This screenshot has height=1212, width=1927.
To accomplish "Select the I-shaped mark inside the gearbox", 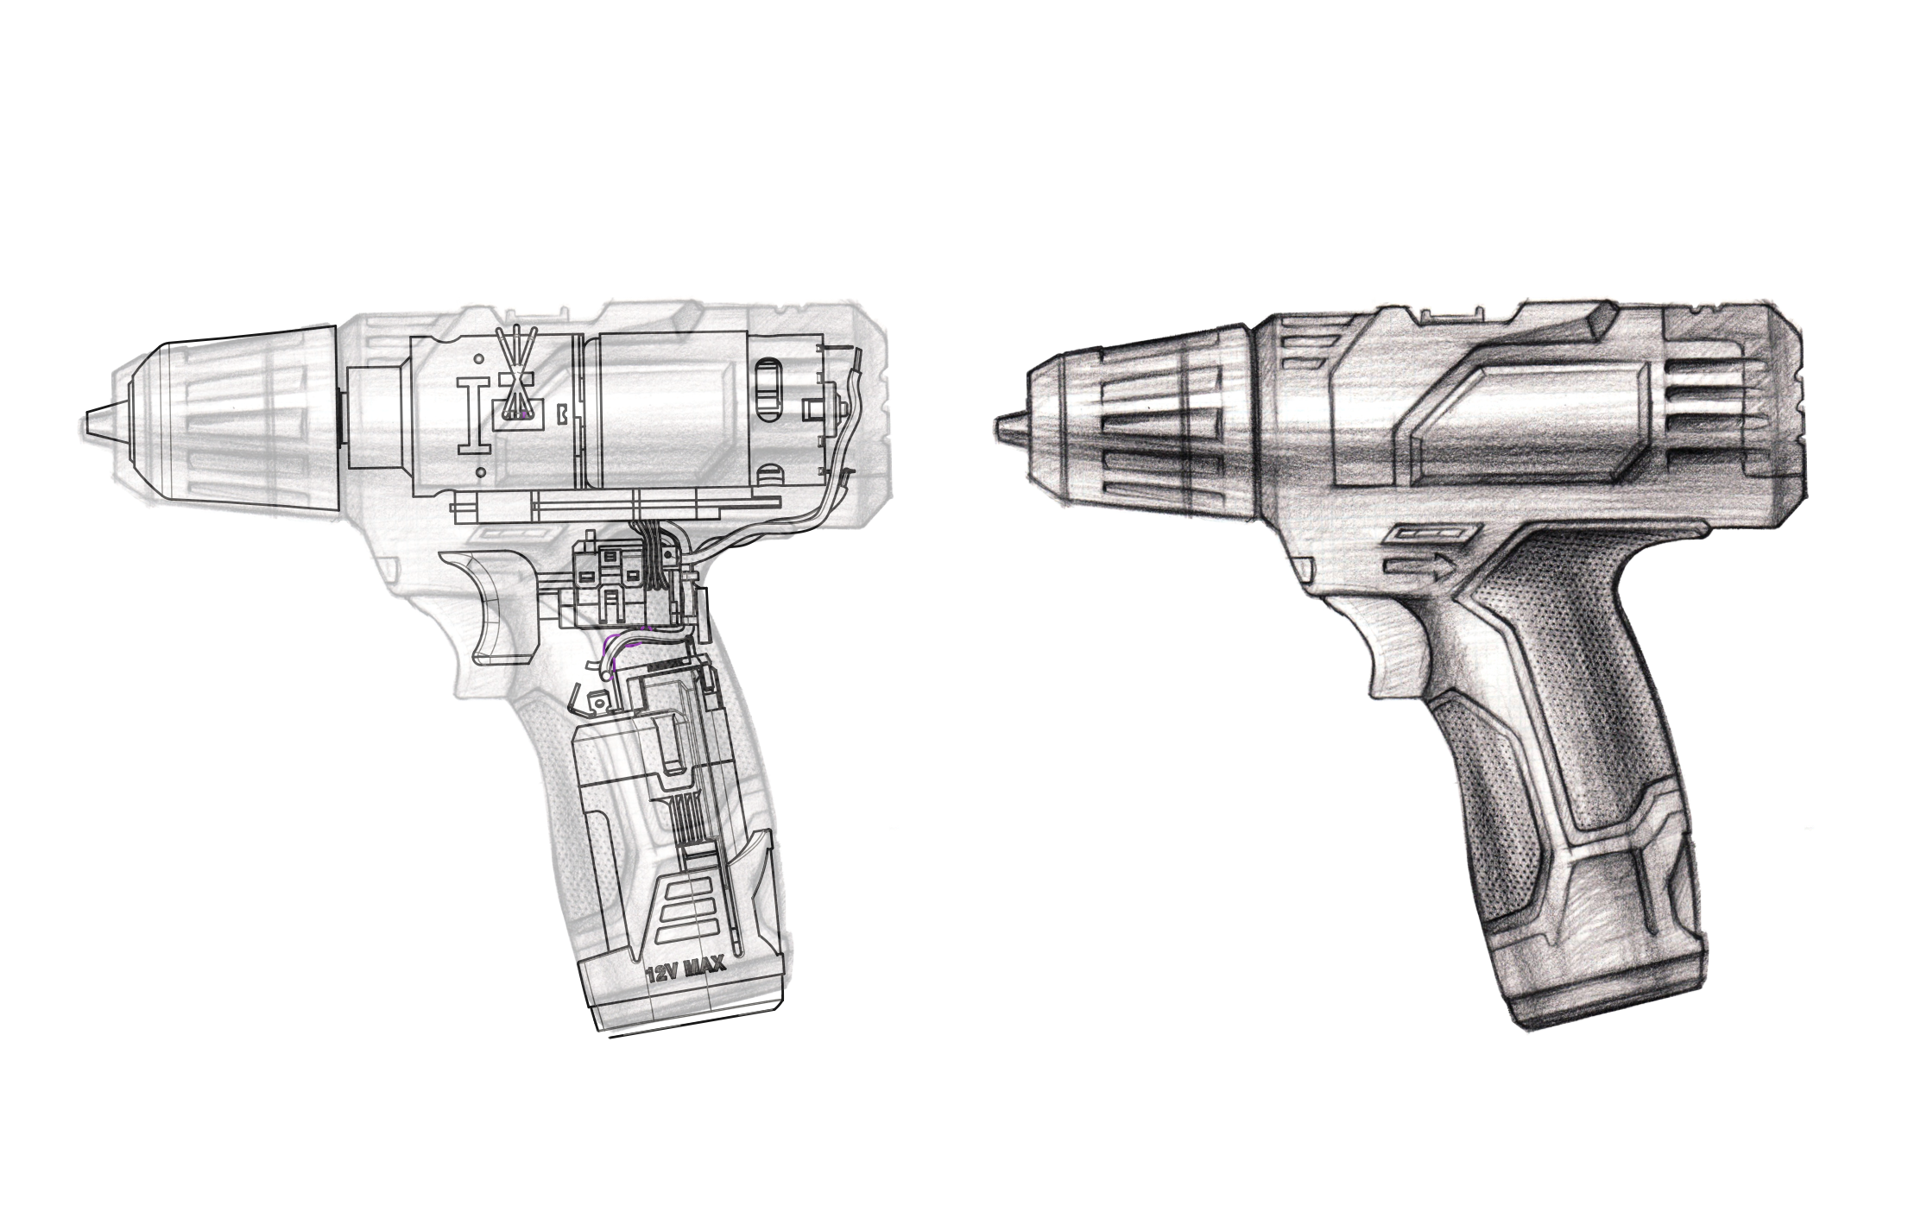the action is click(473, 414).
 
